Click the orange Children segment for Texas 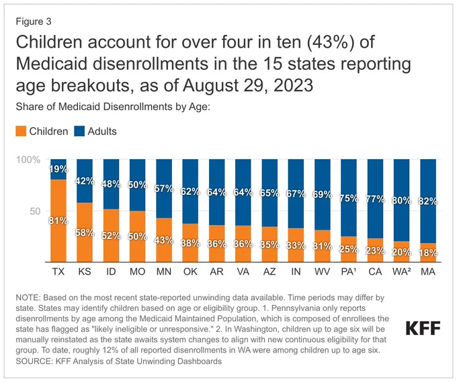[58, 221]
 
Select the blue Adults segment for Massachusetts [428, 201]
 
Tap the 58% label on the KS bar [85, 233]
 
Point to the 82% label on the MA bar [428, 201]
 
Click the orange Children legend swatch [21, 131]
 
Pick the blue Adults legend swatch [79, 131]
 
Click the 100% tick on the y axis [28, 160]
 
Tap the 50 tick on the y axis [35, 211]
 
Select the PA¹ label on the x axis [349, 272]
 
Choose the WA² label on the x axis [402, 272]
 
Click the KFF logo [423, 328]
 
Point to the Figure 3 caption [34, 21]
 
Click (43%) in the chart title [330, 42]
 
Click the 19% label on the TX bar [58, 169]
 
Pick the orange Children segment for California [375, 250]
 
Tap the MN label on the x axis [164, 272]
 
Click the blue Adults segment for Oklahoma [190, 191]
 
